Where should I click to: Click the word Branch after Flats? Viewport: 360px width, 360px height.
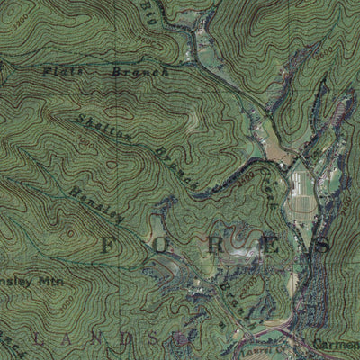pyautogui.click(x=139, y=70)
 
